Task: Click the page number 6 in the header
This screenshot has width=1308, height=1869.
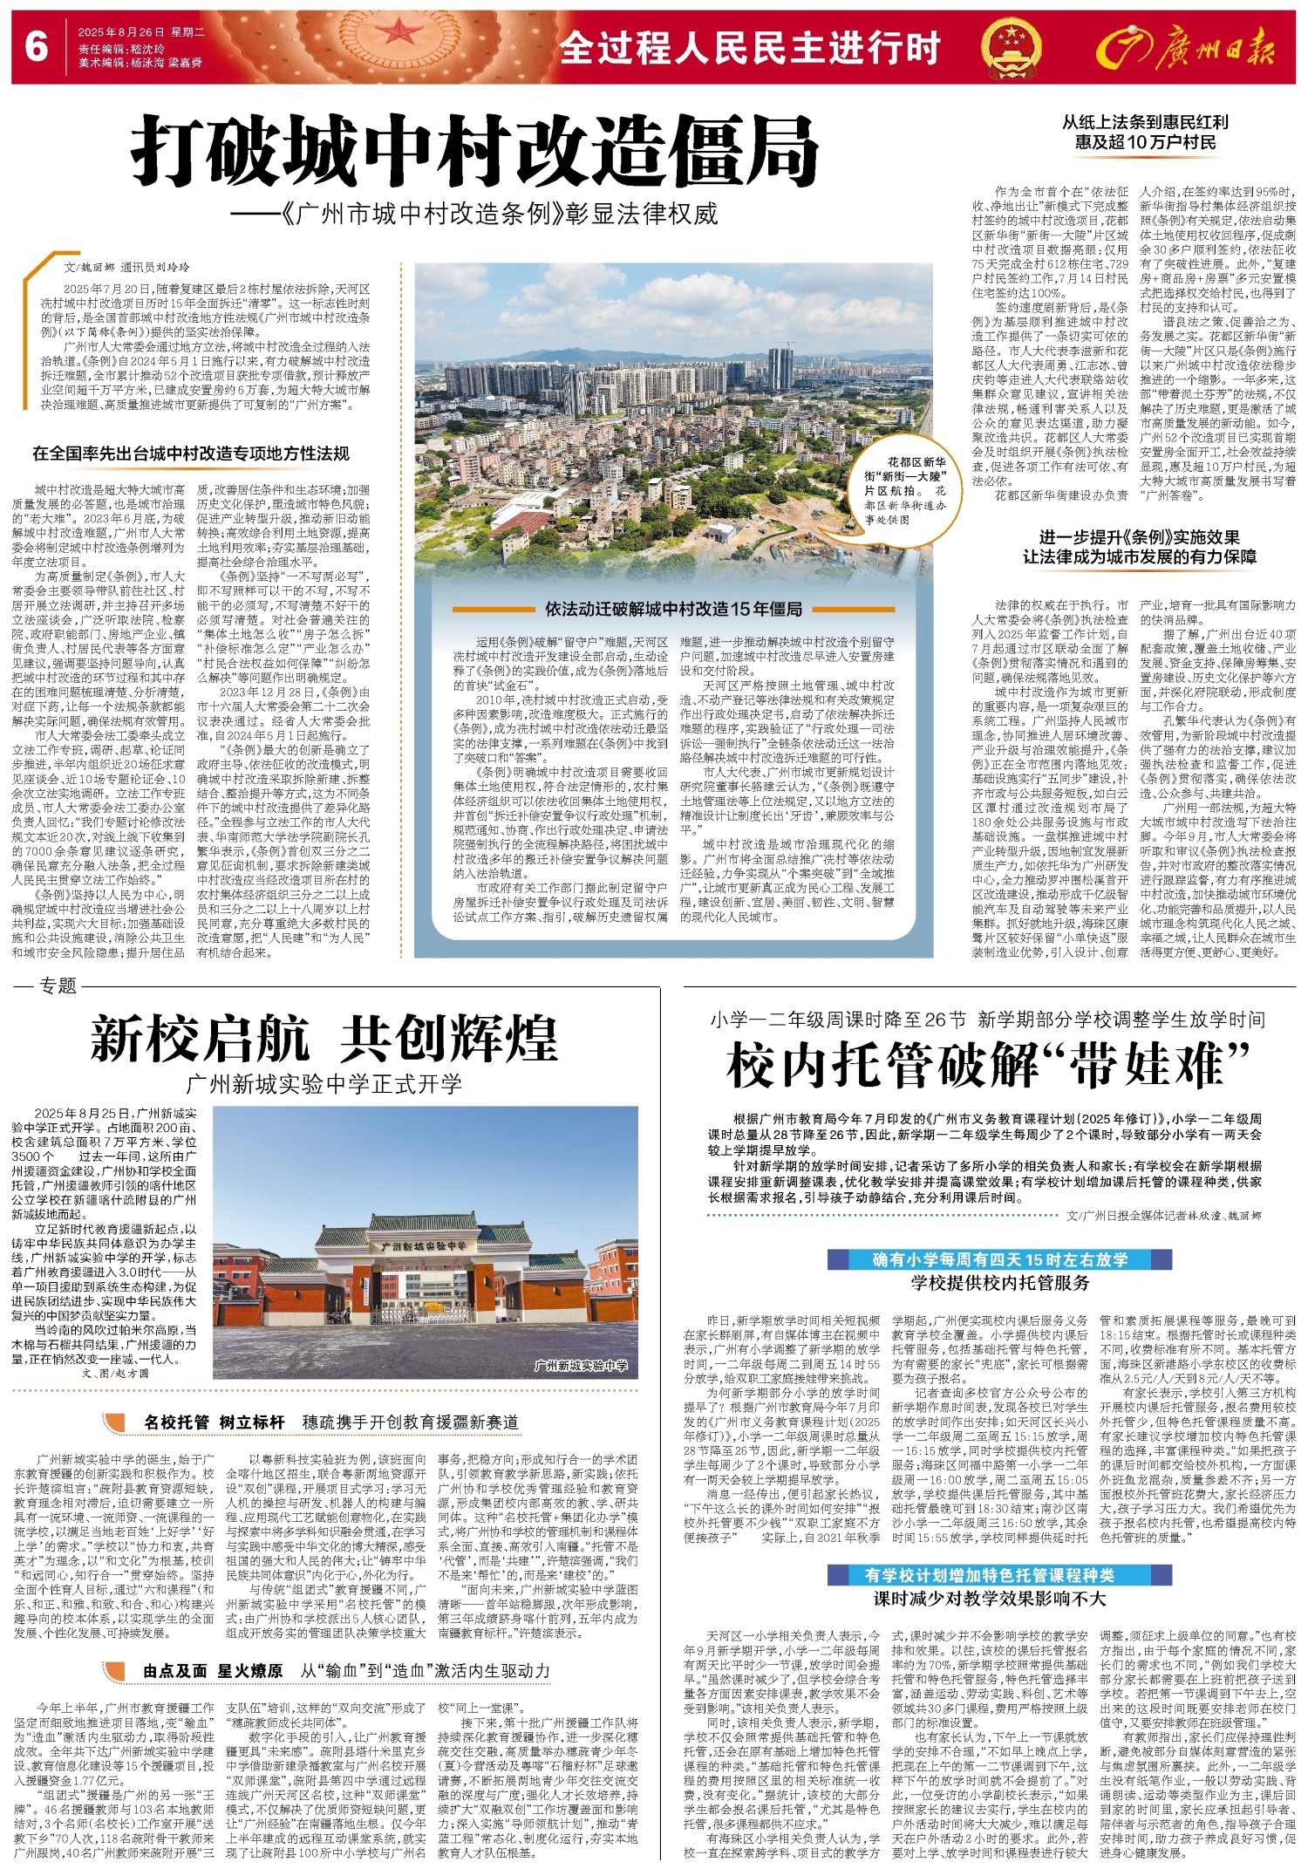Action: pyautogui.click(x=36, y=46)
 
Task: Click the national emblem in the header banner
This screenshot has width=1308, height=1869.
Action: pyautogui.click(x=1010, y=47)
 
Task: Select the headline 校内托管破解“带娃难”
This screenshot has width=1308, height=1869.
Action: pyautogui.click(x=989, y=1066)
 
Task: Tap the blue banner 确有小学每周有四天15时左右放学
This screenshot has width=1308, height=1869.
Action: pyautogui.click(x=999, y=1259)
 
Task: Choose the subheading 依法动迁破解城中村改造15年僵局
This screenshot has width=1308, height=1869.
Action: pyautogui.click(x=674, y=609)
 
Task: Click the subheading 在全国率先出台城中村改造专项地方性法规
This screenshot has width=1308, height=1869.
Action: pyautogui.click(x=191, y=454)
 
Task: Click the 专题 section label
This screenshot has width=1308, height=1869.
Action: pyautogui.click(x=58, y=986)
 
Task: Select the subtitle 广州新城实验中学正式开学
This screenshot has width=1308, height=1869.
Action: pyautogui.click(x=324, y=1084)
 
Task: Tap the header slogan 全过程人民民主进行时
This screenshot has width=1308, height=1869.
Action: pyautogui.click(x=750, y=49)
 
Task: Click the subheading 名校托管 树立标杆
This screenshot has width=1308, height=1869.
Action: pyautogui.click(x=215, y=1422)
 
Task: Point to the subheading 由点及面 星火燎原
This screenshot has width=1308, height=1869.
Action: pyautogui.click(x=213, y=1671)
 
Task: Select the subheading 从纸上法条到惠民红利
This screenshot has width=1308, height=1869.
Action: pyautogui.click(x=1145, y=122)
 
